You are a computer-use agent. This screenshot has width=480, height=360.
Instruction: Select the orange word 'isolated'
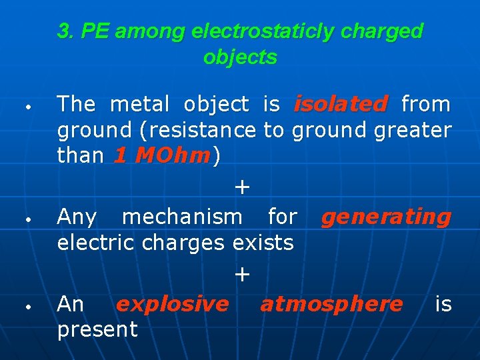tap(340, 104)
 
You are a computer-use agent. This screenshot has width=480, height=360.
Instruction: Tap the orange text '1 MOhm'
tap(162, 156)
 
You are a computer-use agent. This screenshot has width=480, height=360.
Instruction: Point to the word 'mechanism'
tap(182, 217)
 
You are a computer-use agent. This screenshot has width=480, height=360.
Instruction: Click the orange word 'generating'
tap(386, 217)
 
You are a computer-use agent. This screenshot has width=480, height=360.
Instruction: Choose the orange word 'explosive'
tap(172, 304)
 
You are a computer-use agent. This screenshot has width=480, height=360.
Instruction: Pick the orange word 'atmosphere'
tap(331, 304)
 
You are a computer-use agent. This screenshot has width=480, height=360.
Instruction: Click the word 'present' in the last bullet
tap(97, 329)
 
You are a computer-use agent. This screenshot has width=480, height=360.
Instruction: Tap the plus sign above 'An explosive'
tap(242, 274)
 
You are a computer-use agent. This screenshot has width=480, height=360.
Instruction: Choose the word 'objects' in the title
tap(240, 57)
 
